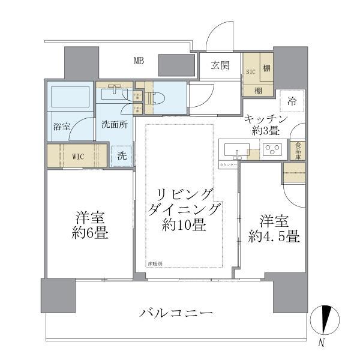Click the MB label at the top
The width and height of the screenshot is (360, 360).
pos(139,60)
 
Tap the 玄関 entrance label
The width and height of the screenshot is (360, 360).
pos(220,65)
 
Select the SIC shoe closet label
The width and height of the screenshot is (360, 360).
pos(250,71)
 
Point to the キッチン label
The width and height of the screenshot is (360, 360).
pos(267,119)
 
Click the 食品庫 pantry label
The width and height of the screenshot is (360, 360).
pos(296,150)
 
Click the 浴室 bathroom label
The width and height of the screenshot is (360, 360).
pos(61,127)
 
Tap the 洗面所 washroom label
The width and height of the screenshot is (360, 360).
pos(114,125)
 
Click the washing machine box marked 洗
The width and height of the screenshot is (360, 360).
pos(122,155)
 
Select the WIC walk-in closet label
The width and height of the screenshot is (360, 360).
pos(79,157)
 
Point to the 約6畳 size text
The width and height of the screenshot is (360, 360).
pos(91,233)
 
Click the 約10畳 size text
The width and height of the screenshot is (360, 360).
pos(184,226)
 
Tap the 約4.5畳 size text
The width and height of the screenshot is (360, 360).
pos(274,236)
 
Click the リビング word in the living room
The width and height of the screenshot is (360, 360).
pos(184,194)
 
